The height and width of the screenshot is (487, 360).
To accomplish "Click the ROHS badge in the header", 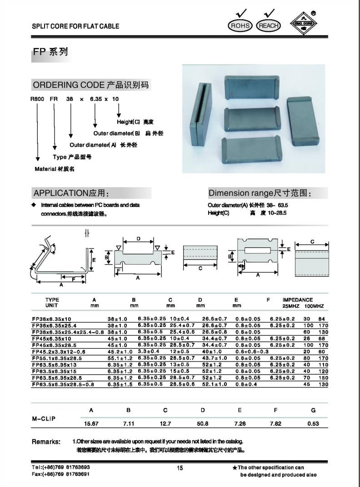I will click(240, 25).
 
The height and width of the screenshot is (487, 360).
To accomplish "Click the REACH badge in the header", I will click(269, 25).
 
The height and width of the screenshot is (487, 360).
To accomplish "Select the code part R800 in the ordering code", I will click(36, 99).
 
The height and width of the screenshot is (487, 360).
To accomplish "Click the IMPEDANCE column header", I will click(298, 300).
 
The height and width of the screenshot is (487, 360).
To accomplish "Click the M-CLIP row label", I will click(44, 418).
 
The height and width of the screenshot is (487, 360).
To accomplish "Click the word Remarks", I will click(45, 441).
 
